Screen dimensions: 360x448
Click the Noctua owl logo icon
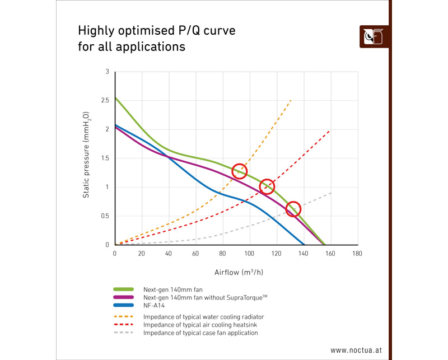pyautogui.click(x=374, y=36)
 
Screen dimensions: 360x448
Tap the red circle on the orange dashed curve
pyautogui.click(x=240, y=171)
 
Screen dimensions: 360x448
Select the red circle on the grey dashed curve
pyautogui.click(x=293, y=209)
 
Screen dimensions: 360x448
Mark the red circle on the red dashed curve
pyautogui.click(x=267, y=186)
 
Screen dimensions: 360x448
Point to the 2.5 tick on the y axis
pyautogui.click(x=105, y=100)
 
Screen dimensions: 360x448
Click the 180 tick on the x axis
pyautogui.click(x=357, y=254)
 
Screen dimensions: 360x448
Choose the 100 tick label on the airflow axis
pyautogui.click(x=249, y=254)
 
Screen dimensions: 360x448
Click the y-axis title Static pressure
pyautogui.click(x=87, y=158)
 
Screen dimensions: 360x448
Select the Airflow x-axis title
pyautogui.click(x=235, y=273)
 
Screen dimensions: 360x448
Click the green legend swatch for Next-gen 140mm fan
pyautogui.click(x=123, y=289)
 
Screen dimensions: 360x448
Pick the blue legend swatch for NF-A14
pyautogui.click(x=123, y=305)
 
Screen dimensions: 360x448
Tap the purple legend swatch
pyautogui.click(x=123, y=297)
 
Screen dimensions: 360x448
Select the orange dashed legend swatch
pyautogui.click(x=123, y=317)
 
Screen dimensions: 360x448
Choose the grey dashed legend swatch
pyautogui.click(x=123, y=333)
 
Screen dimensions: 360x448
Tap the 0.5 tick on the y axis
pyautogui.click(x=105, y=216)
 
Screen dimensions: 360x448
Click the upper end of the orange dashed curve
pyautogui.click(x=291, y=100)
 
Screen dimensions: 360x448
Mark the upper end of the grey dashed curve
pyautogui.click(x=331, y=193)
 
